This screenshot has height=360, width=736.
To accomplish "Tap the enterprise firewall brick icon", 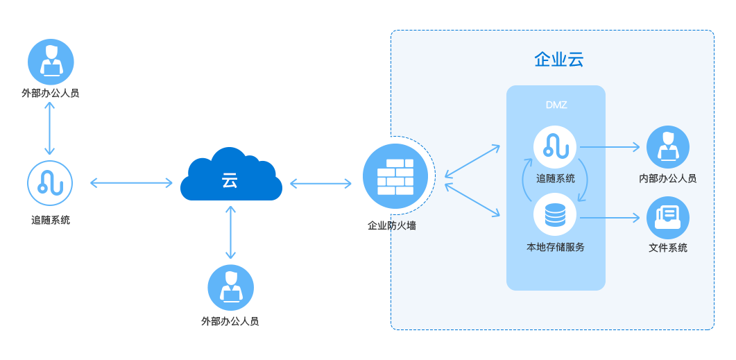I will [x=395, y=178].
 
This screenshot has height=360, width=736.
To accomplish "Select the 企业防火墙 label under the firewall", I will [x=392, y=225].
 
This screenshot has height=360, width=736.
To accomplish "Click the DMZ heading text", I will [x=556, y=105].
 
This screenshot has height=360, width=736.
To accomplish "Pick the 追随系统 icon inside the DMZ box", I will [x=555, y=146].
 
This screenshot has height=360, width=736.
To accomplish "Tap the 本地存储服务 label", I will [x=555, y=247].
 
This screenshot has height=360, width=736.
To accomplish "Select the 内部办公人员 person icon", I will [x=667, y=146].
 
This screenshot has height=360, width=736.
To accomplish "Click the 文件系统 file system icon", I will [x=667, y=217].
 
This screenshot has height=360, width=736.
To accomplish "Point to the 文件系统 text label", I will [x=667, y=248].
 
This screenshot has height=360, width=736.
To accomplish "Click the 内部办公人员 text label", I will [x=667, y=179].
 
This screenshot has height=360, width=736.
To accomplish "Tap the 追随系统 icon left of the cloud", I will [x=50, y=183].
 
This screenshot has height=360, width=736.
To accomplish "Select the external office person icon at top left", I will [x=50, y=61].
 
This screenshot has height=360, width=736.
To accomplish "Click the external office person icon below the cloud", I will [x=230, y=286].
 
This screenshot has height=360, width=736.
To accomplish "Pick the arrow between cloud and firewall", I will [x=320, y=184].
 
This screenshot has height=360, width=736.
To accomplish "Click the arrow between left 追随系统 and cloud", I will [x=131, y=183].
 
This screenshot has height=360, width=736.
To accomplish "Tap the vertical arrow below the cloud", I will [x=230, y=233].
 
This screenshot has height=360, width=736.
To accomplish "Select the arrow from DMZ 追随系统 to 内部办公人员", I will [x=610, y=147].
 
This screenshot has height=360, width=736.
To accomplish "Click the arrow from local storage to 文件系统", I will [x=610, y=218].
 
